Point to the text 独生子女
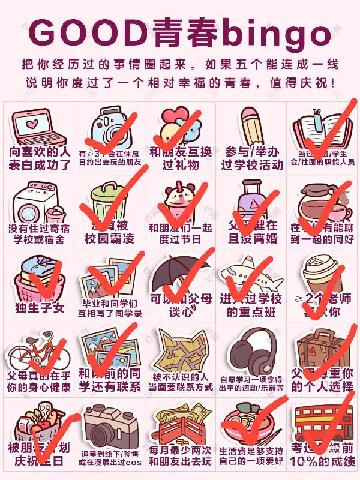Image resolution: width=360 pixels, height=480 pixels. click(39, 308)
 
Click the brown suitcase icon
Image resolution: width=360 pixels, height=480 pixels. click(324, 351)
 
